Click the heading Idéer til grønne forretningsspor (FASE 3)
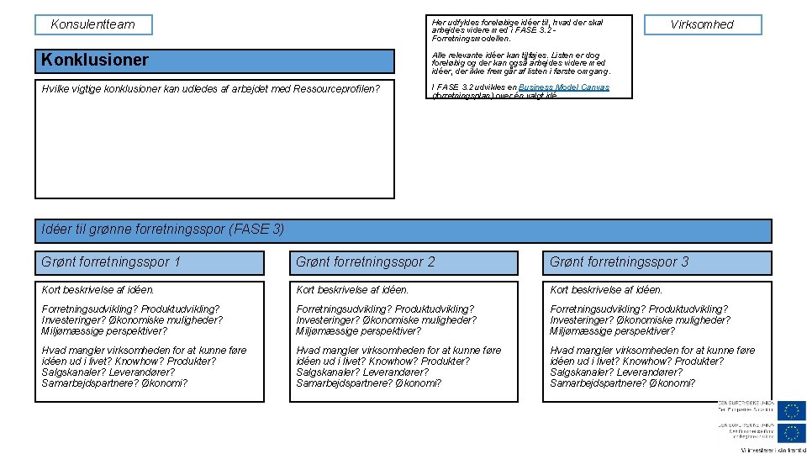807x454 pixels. pos(163,230)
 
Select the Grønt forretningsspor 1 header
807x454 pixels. pos(111,262)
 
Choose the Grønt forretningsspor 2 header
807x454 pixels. pos(366,262)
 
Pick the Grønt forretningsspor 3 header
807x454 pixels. pos(619,262)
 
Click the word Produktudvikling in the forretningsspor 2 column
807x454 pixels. pos(434,309)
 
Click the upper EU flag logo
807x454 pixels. pos(791,411)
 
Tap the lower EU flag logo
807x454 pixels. pos(791,433)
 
